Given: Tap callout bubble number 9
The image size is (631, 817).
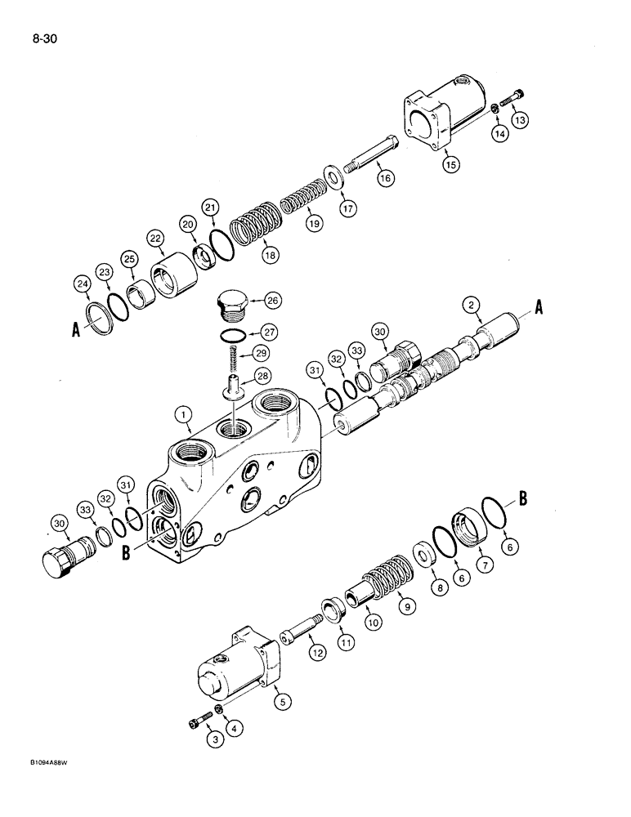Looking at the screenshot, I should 403,606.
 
